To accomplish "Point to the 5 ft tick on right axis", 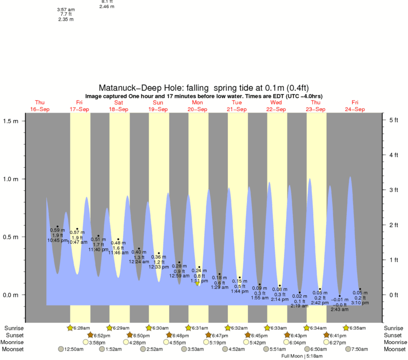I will pos(392,120).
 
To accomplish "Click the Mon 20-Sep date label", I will pos(197,106).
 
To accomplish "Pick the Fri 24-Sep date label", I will pos(355,106).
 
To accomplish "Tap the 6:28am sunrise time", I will pos(82,328).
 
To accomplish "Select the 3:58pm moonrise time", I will pos(98,342).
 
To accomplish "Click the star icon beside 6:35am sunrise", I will pos(346,328).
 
